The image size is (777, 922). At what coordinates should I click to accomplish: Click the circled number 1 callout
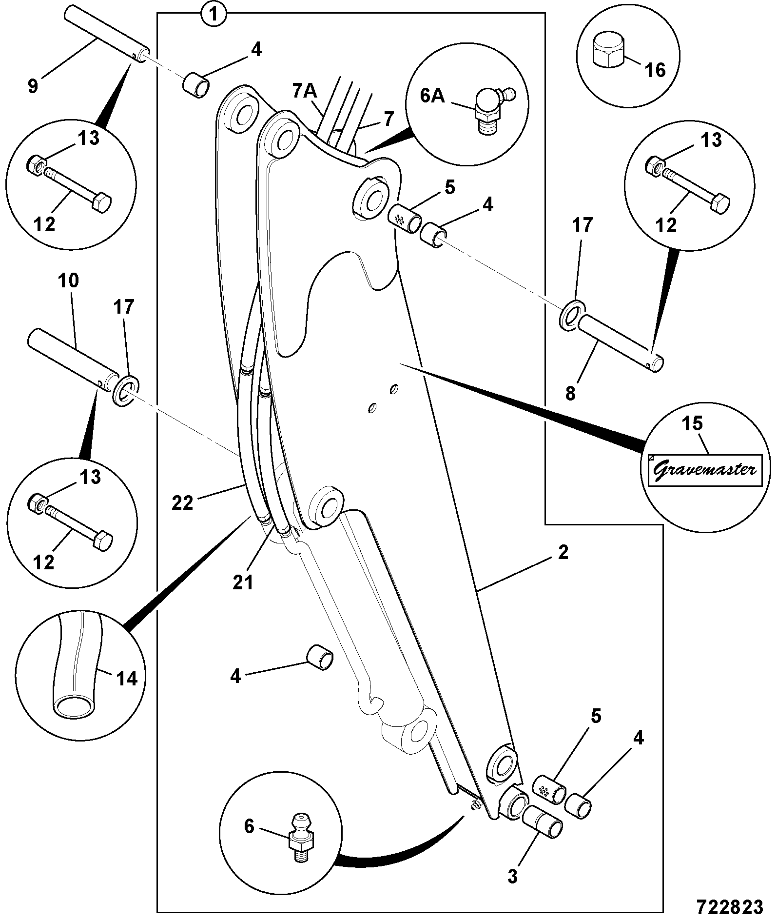point(213,14)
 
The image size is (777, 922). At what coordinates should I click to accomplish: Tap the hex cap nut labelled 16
point(607,50)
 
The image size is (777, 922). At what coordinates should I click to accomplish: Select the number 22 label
point(183,503)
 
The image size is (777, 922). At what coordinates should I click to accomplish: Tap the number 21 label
point(243,582)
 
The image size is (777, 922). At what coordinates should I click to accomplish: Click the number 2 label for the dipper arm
point(563,553)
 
